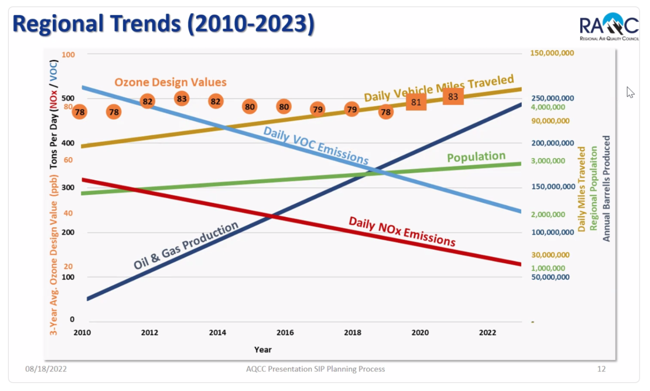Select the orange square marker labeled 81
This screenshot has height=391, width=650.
416,102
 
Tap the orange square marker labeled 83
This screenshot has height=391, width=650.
453,96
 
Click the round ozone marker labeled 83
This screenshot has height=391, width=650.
182,99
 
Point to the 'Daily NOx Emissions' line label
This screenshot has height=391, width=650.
402,231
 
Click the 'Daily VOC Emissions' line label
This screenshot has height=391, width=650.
316,146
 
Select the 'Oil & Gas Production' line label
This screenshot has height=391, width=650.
186,245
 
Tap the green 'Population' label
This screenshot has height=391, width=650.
476,157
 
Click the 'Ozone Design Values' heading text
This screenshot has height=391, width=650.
171,82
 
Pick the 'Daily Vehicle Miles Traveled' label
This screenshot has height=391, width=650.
439,88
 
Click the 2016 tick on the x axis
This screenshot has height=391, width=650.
285,333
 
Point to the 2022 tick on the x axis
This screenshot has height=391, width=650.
487,333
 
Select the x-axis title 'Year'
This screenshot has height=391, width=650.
263,350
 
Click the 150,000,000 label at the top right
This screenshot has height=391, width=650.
552,53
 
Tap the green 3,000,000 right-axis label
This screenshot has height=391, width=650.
548,161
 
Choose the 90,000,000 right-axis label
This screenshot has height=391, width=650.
550,121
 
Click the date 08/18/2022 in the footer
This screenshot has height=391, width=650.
46,369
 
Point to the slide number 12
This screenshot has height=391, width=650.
601,369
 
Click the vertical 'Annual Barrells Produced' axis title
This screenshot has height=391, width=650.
606,189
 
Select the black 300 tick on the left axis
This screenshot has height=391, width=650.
68,187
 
